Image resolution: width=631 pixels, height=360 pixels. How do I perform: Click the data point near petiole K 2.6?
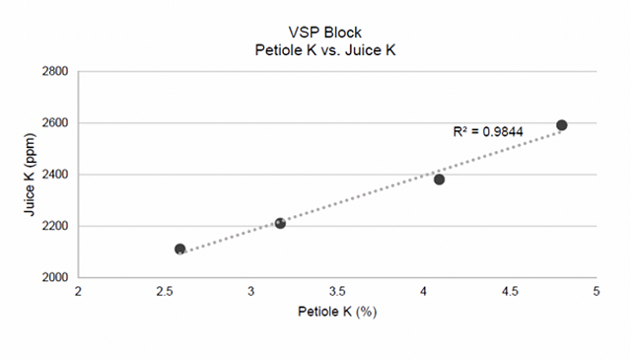[179, 249]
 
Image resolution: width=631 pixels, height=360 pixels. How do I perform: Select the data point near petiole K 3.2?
[280, 223]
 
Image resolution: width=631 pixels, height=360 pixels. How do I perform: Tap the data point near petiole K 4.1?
[439, 180]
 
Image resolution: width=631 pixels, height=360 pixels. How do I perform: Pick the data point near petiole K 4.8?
[562, 125]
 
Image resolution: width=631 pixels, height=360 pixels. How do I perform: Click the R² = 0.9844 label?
[488, 131]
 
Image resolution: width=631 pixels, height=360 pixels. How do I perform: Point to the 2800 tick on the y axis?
[55, 71]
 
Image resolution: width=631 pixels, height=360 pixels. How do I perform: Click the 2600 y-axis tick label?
[55, 123]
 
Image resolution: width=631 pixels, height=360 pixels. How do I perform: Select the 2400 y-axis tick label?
[55, 175]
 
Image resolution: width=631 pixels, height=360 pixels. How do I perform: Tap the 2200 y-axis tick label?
[55, 226]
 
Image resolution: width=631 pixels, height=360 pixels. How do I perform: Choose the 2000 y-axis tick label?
[55, 277]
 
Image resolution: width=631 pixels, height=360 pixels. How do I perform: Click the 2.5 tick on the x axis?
[165, 292]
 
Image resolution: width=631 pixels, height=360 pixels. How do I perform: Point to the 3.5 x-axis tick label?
[337, 292]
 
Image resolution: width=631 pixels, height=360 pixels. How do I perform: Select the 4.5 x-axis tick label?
[510, 292]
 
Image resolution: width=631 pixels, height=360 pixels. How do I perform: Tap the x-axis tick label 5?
[596, 292]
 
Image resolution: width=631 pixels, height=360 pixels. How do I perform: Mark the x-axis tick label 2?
[78, 292]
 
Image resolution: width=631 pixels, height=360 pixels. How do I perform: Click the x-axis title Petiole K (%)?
[337, 312]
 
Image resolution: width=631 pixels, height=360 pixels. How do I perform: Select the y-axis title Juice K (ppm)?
[30, 175]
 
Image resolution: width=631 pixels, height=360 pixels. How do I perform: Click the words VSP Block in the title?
[325, 33]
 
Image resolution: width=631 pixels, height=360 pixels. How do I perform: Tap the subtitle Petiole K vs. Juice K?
[325, 50]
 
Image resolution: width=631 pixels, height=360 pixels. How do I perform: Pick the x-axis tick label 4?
[423, 292]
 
